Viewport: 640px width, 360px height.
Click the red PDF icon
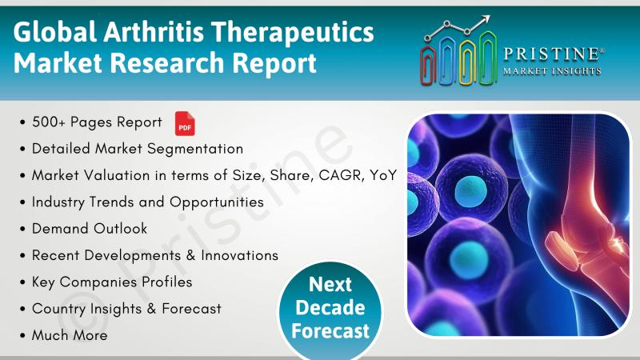185,123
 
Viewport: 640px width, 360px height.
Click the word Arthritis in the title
154,32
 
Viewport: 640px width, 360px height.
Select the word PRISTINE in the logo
551,54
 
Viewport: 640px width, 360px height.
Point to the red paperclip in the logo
428,66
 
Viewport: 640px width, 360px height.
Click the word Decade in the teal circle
330,307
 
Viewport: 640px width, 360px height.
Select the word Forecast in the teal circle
330,330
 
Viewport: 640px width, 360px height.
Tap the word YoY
383,175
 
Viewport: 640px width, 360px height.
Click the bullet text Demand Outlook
90,229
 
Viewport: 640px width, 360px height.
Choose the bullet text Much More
70,335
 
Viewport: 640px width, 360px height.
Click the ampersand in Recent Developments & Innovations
190,255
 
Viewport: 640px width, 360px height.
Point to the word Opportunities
217,202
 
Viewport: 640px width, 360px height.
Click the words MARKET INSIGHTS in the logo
552,71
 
